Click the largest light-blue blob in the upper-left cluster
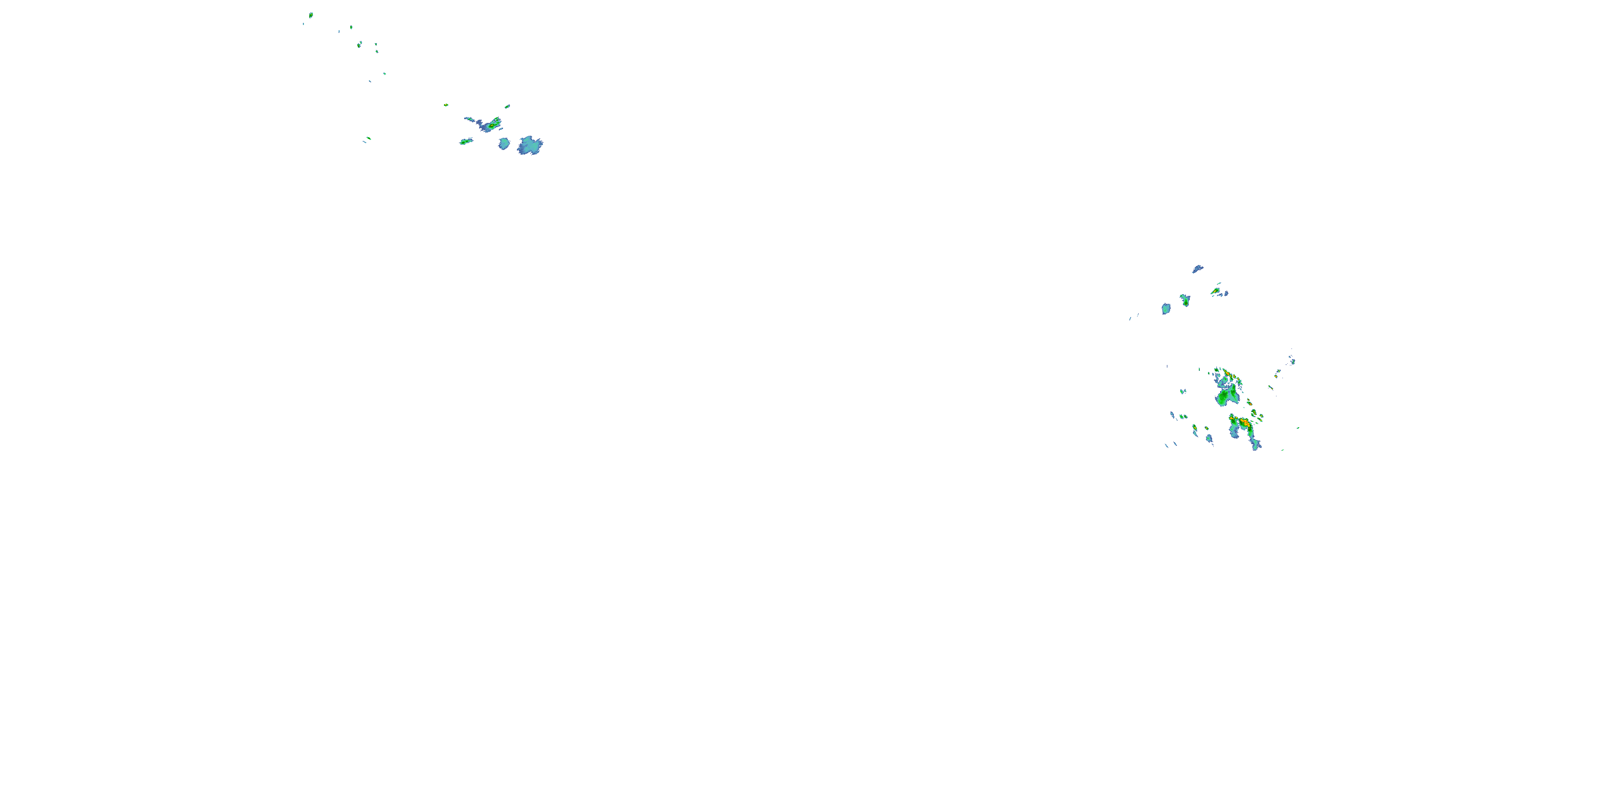pos(530,146)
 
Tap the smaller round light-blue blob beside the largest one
pos(504,144)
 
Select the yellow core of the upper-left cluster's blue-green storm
pos(492,126)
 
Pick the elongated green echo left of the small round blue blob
pos(466,142)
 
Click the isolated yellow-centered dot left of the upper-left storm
pos(446,105)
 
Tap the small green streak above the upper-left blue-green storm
pos(507,106)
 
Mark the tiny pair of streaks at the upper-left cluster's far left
pos(367,139)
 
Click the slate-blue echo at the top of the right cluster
pos(1197,269)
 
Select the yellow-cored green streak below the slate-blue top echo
pos(1216,290)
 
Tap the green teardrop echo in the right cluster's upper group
pos(1186,301)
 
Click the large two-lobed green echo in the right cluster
pos(1226,396)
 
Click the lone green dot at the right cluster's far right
pos(1298,428)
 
